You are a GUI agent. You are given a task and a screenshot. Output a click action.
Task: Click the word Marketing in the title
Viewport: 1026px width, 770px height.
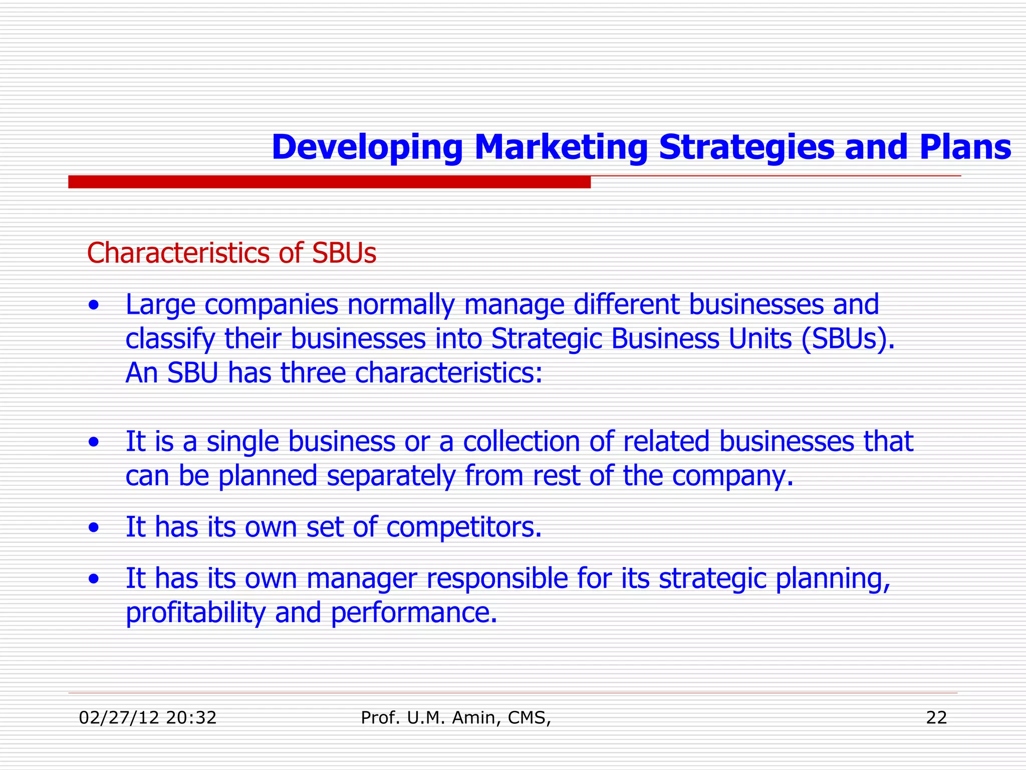coord(561,147)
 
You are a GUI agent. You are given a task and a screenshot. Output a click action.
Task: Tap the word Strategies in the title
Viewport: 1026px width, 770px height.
coord(746,147)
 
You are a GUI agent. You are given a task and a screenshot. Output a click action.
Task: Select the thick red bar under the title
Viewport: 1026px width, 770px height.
coord(329,182)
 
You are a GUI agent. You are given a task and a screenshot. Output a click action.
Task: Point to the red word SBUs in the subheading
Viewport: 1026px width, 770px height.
coord(344,253)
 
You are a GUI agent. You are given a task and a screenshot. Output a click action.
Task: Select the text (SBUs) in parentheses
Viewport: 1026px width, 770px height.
coord(847,339)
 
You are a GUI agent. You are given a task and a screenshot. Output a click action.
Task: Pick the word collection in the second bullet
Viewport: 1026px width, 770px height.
coord(521,442)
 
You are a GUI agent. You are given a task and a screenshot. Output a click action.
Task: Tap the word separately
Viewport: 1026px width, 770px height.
coord(391,476)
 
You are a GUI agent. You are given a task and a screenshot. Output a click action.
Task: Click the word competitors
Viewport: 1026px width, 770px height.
coord(464,527)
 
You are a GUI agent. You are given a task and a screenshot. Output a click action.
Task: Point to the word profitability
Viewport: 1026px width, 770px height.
coord(195,613)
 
